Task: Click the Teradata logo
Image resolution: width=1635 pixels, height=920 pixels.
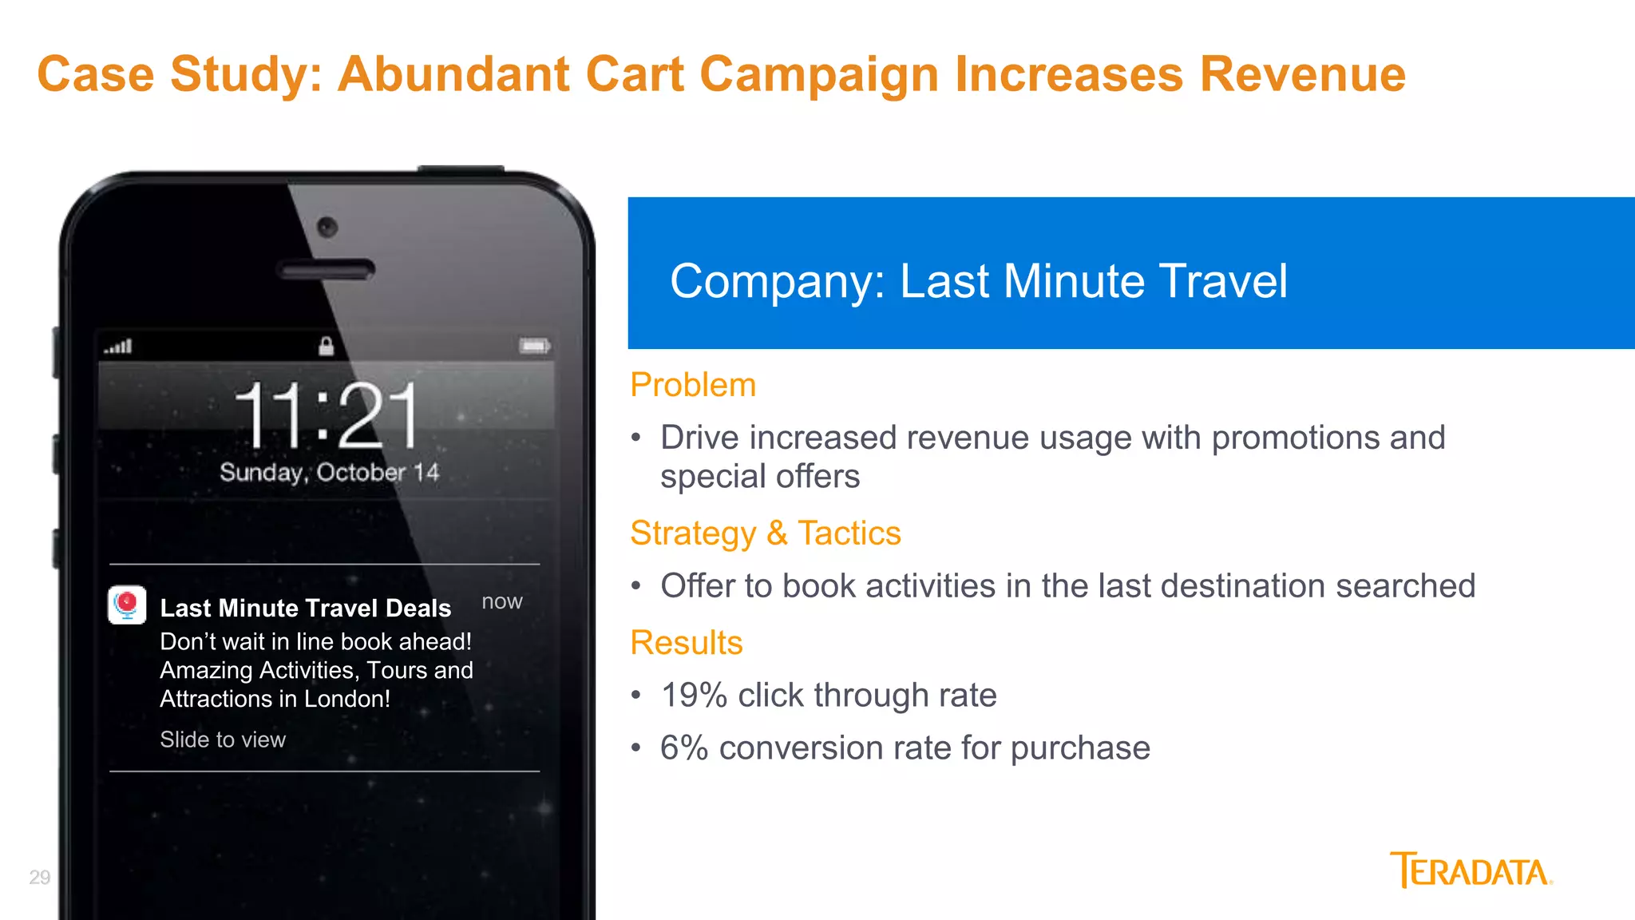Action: [1471, 870]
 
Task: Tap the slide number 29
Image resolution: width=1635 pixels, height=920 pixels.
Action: [40, 877]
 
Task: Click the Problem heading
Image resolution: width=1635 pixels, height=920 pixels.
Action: [692, 385]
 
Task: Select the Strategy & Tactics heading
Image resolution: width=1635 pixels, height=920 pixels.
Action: [765, 533]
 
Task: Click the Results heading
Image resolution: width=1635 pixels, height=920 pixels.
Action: [686, 642]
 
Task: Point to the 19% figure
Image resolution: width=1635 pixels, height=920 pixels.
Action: [693, 695]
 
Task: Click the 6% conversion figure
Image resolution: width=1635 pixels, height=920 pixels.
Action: [683, 748]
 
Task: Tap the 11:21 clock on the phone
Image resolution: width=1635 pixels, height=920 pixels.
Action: [327, 414]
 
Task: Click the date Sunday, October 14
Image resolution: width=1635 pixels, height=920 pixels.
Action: [329, 472]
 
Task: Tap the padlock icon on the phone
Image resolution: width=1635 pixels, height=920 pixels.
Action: [326, 346]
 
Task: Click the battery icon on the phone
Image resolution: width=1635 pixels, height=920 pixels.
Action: [534, 346]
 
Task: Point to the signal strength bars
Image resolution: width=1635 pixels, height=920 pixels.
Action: [118, 347]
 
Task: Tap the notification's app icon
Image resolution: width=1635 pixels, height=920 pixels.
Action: [127, 605]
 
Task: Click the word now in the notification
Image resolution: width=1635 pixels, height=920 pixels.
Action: [501, 601]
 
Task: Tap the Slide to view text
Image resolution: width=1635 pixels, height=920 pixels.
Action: [222, 740]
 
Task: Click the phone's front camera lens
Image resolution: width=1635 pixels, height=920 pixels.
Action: [327, 227]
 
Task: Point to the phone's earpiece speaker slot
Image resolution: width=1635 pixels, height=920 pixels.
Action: [326, 270]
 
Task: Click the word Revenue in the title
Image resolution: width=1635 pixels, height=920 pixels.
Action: [1302, 74]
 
